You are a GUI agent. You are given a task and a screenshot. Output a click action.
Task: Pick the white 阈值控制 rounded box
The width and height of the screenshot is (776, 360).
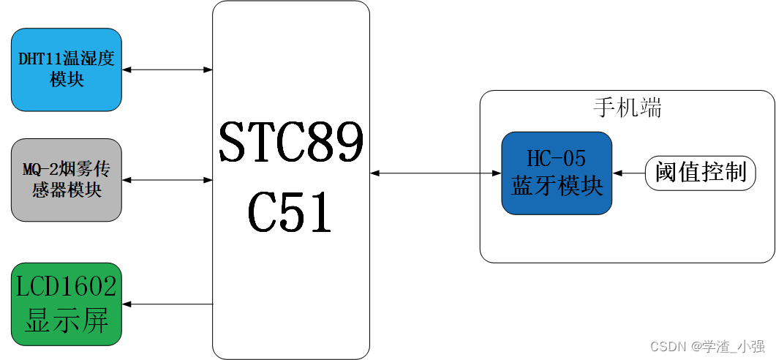pyautogui.click(x=701, y=173)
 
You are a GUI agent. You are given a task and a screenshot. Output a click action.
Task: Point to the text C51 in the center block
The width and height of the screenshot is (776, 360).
pyautogui.click(x=291, y=212)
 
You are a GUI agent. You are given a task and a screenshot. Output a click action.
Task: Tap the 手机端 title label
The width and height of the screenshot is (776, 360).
pyautogui.click(x=627, y=108)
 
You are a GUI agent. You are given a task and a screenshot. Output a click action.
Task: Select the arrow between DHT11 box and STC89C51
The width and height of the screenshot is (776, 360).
pyautogui.click(x=167, y=70)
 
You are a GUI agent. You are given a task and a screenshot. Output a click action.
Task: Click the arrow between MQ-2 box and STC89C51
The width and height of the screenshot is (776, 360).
pyautogui.click(x=167, y=179)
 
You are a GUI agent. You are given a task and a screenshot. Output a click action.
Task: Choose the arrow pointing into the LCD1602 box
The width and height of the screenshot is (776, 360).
pyautogui.click(x=167, y=304)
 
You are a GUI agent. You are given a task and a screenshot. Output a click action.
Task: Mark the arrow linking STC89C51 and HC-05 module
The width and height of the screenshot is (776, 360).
pyautogui.click(x=435, y=173)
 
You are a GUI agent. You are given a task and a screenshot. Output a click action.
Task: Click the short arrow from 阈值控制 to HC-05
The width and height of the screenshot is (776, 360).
pyautogui.click(x=628, y=173)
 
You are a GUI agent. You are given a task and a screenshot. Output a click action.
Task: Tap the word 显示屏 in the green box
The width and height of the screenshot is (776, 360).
pyautogui.click(x=66, y=320)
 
